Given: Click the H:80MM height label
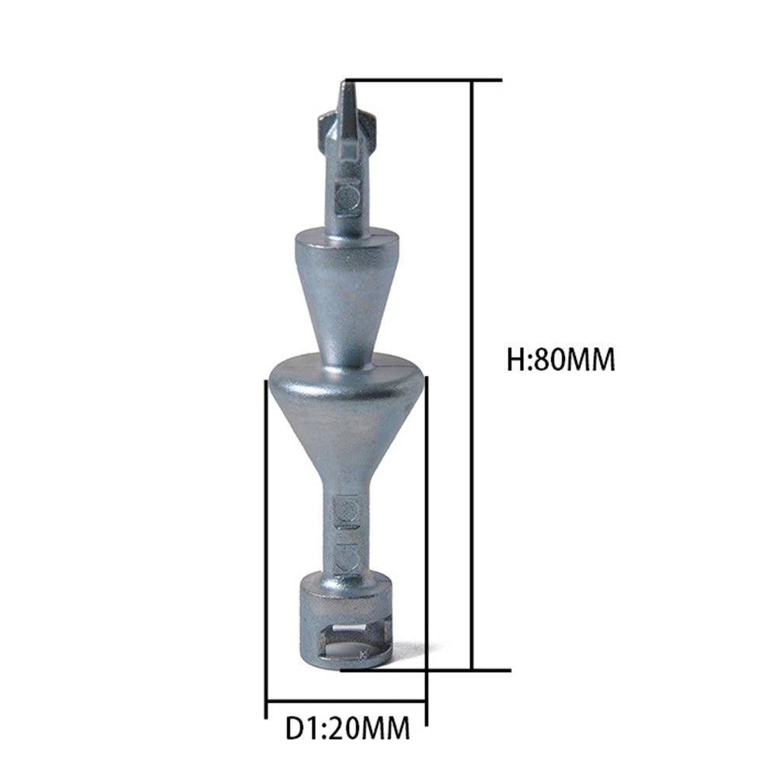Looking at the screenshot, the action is point(560,360).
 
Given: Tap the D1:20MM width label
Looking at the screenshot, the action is point(348,728).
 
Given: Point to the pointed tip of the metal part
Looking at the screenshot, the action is point(346,83).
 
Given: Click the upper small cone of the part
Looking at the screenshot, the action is point(347,293).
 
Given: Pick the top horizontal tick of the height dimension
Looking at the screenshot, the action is point(424,80).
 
